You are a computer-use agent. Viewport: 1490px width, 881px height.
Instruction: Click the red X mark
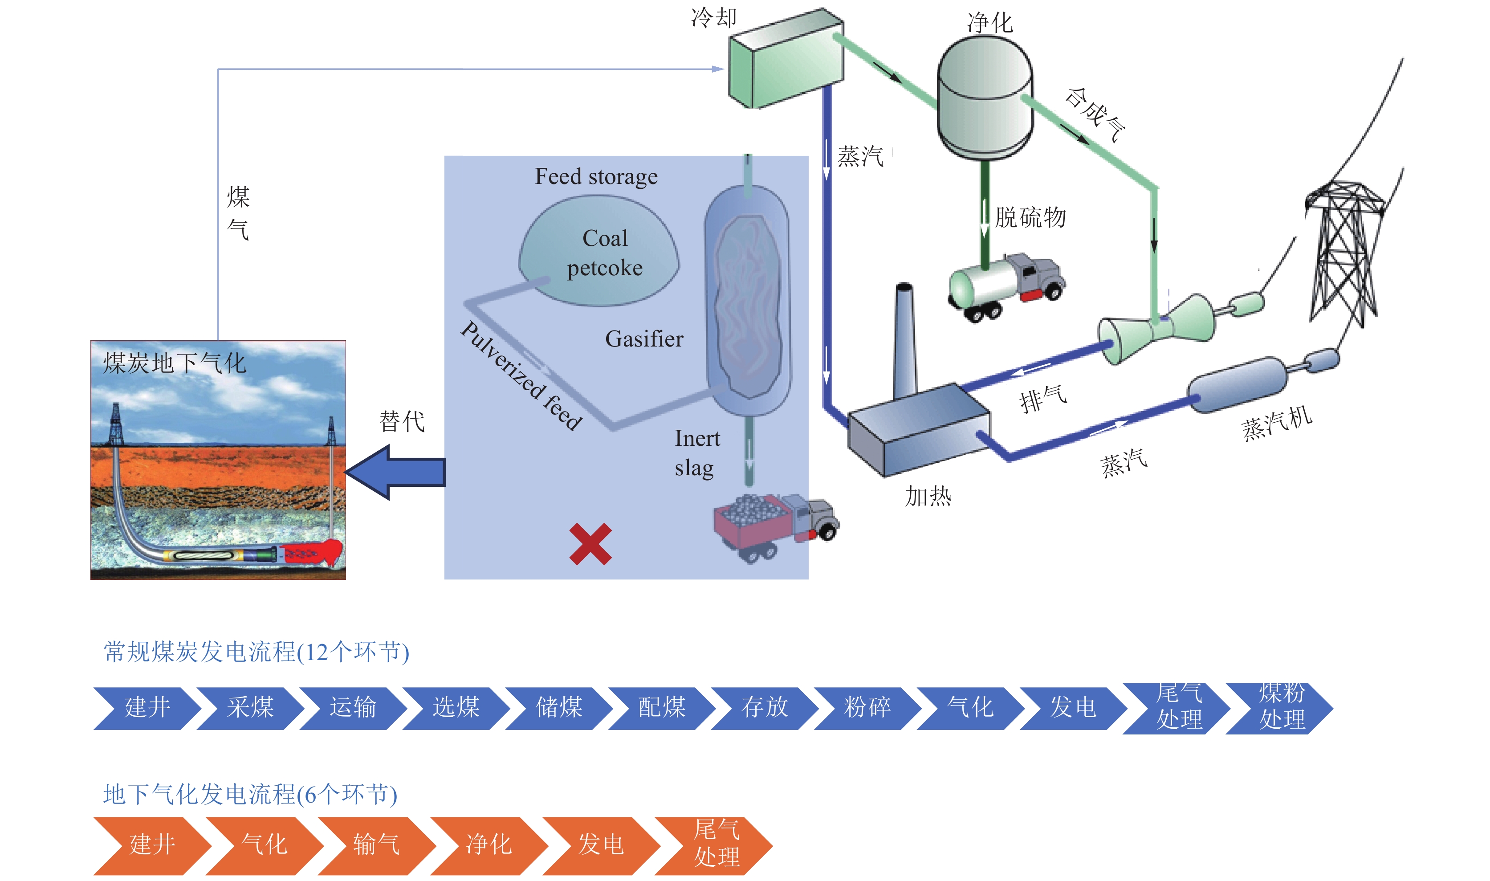(x=590, y=544)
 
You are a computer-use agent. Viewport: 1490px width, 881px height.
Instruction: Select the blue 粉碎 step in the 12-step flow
(x=867, y=708)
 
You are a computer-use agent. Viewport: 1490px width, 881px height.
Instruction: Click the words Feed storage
(x=596, y=176)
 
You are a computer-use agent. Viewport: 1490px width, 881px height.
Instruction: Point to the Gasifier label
(x=644, y=339)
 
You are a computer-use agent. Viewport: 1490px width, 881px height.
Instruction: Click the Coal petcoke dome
(x=599, y=252)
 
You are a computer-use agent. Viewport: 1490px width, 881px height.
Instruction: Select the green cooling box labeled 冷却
(x=786, y=59)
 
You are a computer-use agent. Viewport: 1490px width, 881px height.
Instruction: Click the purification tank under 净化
(x=985, y=98)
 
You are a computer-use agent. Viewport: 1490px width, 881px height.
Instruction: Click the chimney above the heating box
(x=905, y=341)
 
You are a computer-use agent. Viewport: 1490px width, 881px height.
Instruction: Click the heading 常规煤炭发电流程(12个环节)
(x=256, y=652)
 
